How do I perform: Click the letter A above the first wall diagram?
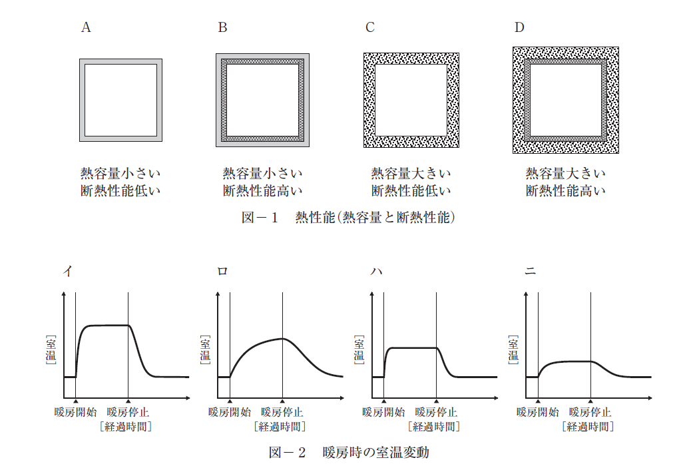pyautogui.click(x=86, y=27)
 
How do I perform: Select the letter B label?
pyautogui.click(x=222, y=27)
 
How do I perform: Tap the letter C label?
pyautogui.click(x=370, y=27)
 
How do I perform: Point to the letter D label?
pyautogui.click(x=519, y=27)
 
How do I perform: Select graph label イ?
pyautogui.click(x=68, y=271)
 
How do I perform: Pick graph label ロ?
pyautogui.click(x=222, y=271)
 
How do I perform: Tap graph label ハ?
pyautogui.click(x=376, y=272)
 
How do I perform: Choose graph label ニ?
pyautogui.click(x=530, y=271)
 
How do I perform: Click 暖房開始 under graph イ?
pyautogui.click(x=75, y=412)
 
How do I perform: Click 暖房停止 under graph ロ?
pyautogui.click(x=282, y=412)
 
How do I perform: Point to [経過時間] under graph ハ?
pyautogui.click(x=434, y=427)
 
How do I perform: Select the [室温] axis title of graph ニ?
pyautogui.click(x=513, y=350)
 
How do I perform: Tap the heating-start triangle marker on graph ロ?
pyautogui.click(x=230, y=401)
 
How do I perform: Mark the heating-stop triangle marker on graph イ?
pyautogui.click(x=128, y=401)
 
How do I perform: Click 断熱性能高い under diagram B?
pyautogui.click(x=263, y=191)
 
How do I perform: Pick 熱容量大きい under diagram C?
pyautogui.click(x=411, y=173)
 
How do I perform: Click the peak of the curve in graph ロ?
pyautogui.click(x=283, y=338)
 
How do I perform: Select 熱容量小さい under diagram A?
pyautogui.click(x=120, y=173)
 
